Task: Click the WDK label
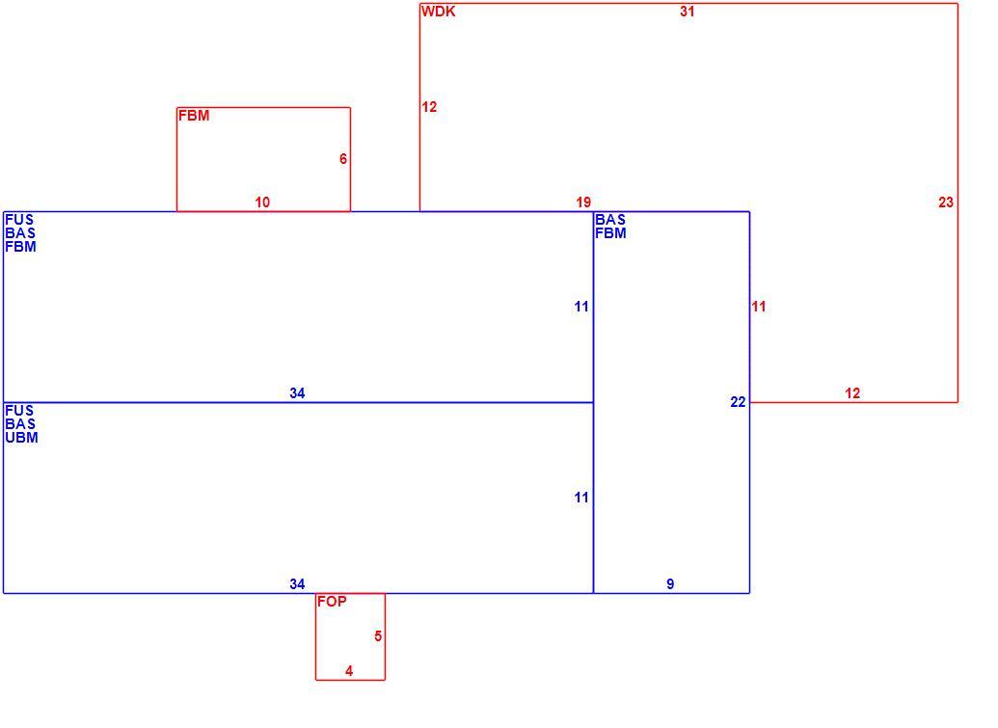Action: (438, 12)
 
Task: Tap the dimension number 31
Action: (687, 12)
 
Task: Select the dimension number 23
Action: (946, 202)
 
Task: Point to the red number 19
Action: (583, 202)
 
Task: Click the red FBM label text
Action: (194, 116)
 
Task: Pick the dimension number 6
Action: (343, 159)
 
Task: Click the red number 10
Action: (262, 202)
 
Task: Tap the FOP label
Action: (332, 602)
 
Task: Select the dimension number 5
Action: (378, 636)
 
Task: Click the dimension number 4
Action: (349, 671)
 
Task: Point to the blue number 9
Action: (670, 584)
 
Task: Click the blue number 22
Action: (738, 402)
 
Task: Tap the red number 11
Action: (758, 307)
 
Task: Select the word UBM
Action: (21, 438)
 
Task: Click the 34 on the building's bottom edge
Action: (297, 584)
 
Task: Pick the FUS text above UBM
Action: (19, 411)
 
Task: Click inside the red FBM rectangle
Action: (263, 159)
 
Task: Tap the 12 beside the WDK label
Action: (429, 107)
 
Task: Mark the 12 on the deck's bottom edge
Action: (852, 393)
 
